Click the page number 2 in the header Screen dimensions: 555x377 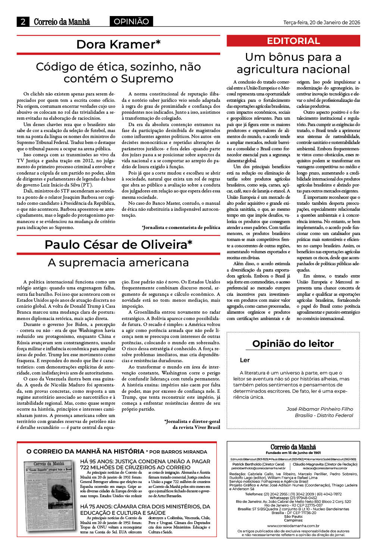[x=23, y=22]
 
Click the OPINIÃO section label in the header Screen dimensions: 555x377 [x=131, y=22]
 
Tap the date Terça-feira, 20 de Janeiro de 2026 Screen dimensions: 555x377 [x=321, y=22]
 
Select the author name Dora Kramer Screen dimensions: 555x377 [x=118, y=44]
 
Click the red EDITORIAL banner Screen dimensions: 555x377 [x=293, y=41]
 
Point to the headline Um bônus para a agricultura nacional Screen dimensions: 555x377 [x=293, y=63]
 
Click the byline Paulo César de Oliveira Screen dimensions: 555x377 [x=118, y=245]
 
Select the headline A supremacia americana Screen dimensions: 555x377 [x=118, y=263]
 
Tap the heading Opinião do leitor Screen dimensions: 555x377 [x=293, y=344]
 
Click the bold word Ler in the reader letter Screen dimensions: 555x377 [x=245, y=360]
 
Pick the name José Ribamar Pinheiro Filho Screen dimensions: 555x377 [x=320, y=409]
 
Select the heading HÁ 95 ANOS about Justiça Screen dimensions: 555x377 [x=145, y=464]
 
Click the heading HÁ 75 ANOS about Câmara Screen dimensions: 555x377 [x=145, y=509]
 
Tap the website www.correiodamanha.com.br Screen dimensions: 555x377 [x=293, y=526]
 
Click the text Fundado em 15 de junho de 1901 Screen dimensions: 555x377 [x=293, y=453]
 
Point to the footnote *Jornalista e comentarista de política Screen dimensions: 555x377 [x=181, y=227]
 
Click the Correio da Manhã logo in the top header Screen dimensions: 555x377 [x=62, y=22]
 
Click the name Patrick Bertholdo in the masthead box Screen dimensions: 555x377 [x=247, y=464]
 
